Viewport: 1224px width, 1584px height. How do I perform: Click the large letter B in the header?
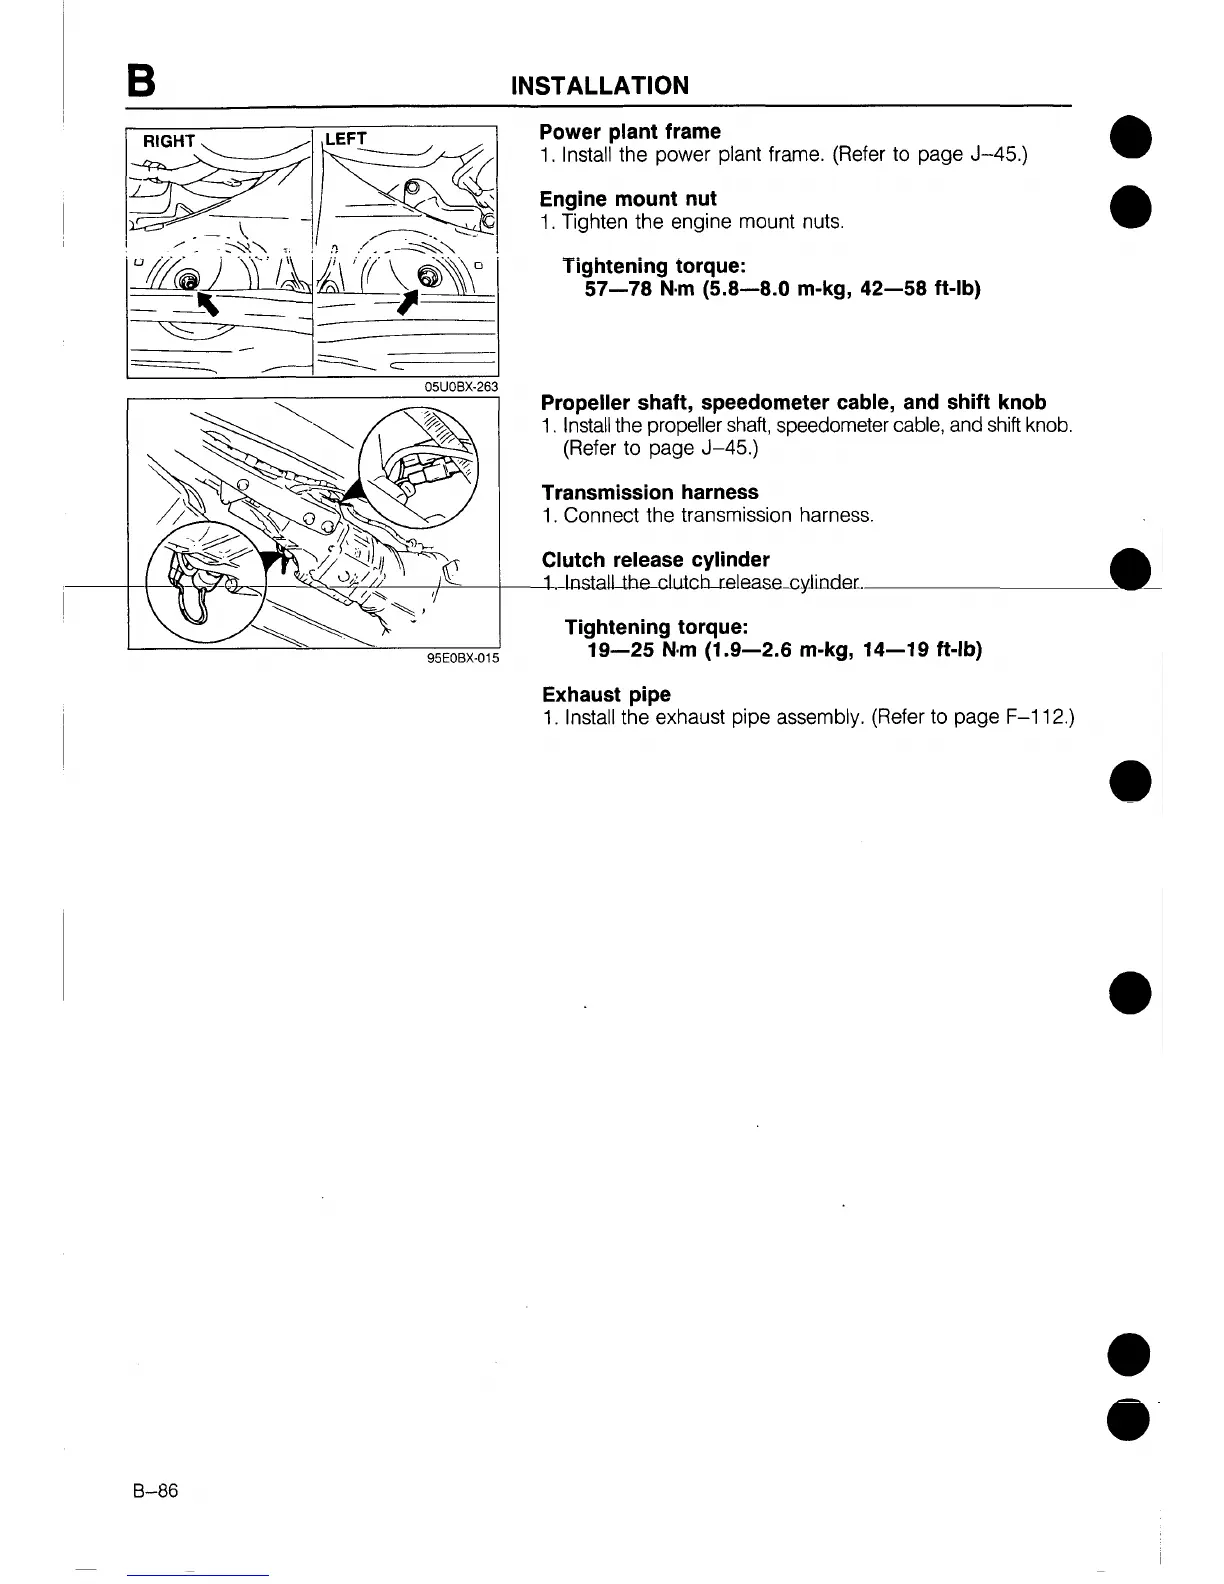pyautogui.click(x=141, y=82)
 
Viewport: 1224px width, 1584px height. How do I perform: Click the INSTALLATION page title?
pyautogui.click(x=599, y=85)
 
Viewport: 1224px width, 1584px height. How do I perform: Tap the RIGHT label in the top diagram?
pyautogui.click(x=169, y=141)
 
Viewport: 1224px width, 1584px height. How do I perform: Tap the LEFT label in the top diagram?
pyautogui.click(x=346, y=139)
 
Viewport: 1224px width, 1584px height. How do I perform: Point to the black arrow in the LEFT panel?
pyautogui.click(x=409, y=299)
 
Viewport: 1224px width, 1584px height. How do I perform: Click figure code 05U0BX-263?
pyautogui.click(x=461, y=387)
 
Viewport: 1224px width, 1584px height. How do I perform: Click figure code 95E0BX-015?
pyautogui.click(x=462, y=657)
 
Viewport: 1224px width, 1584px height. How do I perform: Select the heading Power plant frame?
pyautogui.click(x=630, y=132)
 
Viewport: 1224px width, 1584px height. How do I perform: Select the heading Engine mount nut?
pyautogui.click(x=628, y=199)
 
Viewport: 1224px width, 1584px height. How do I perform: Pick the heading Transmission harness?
pyautogui.click(x=650, y=492)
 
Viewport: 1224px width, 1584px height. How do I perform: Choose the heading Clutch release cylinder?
pyautogui.click(x=655, y=559)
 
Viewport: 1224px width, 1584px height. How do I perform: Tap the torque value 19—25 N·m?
pyautogui.click(x=642, y=650)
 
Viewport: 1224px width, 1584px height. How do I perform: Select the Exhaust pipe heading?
pyautogui.click(x=606, y=694)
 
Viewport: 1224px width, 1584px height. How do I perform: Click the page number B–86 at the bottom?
pyautogui.click(x=154, y=1491)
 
